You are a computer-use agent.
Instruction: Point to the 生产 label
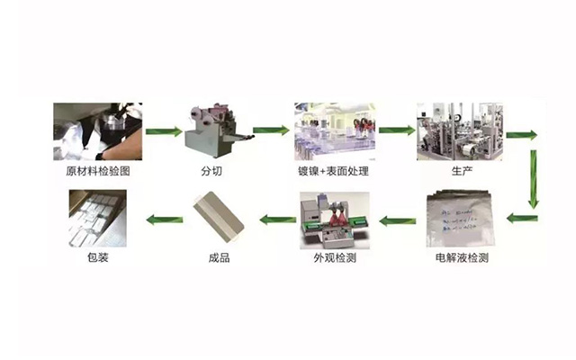(x=457, y=171)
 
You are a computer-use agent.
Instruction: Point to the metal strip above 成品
(x=214, y=220)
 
